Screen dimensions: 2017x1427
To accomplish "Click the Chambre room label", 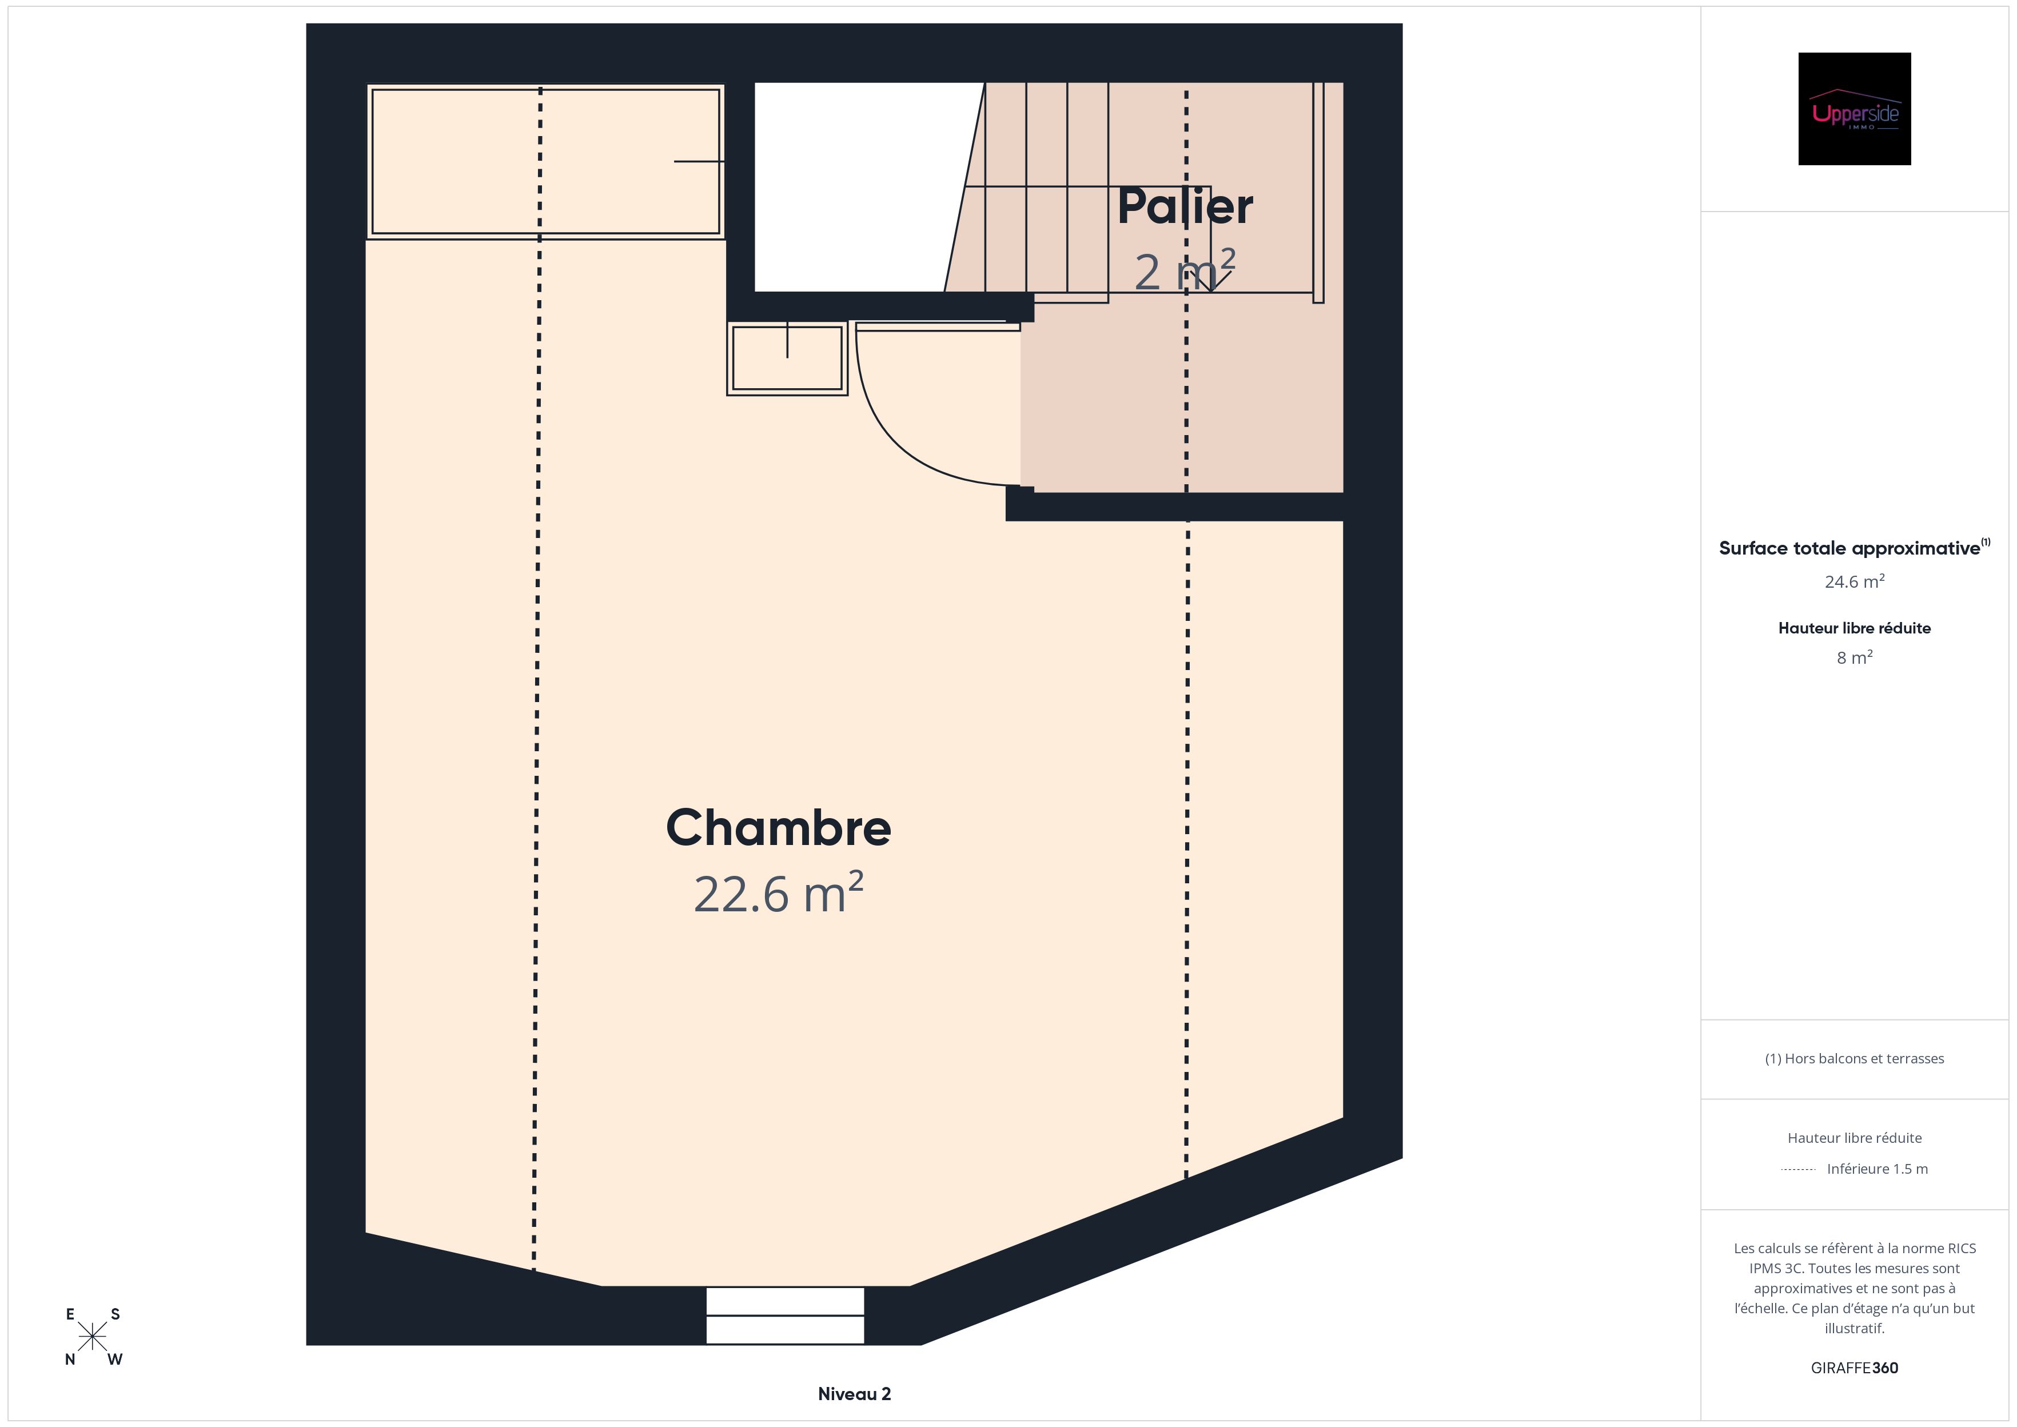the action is (778, 828).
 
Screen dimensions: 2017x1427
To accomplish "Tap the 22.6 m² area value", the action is (778, 894).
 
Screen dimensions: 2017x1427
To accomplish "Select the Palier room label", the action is (1185, 206).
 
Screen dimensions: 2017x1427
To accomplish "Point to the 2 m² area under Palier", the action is (1185, 270).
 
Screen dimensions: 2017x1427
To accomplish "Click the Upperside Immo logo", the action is (1855, 109).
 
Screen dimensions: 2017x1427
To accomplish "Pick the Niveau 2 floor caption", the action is (854, 1394).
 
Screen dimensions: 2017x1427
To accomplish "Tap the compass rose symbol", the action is (92, 1337).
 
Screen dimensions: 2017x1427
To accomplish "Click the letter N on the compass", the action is (70, 1360).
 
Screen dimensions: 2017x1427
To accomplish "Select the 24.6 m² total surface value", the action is (1855, 581).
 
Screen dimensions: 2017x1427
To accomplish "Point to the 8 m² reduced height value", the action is (1855, 657).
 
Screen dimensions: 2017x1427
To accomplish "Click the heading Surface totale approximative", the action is (1849, 548).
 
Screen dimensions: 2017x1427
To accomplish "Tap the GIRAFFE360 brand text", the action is (1855, 1368).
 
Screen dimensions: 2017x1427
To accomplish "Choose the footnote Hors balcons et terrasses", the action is (1855, 1059).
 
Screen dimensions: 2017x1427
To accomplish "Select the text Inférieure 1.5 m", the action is (1878, 1169).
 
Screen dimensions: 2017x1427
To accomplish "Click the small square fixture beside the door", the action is (787, 358).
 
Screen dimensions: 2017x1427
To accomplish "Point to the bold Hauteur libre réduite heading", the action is (1855, 628).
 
